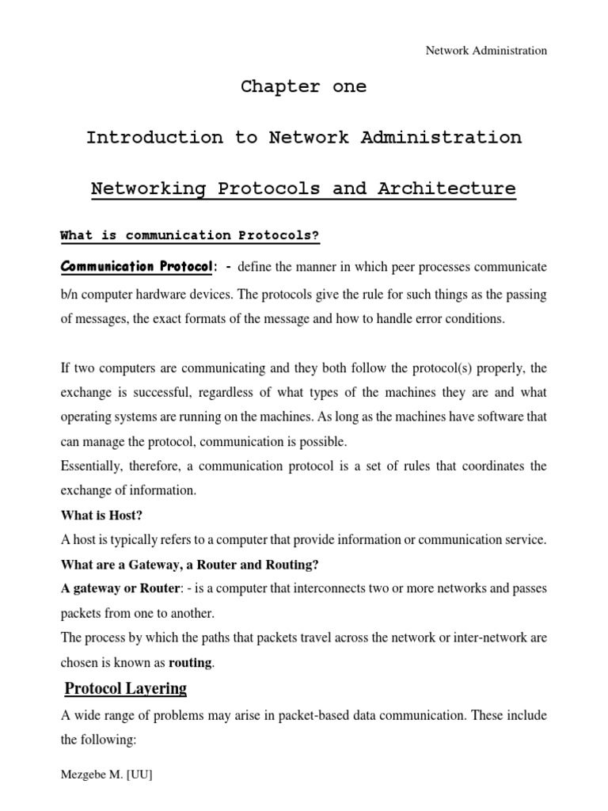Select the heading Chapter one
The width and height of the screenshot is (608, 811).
tap(304, 87)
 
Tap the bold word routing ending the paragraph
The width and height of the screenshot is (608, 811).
tap(190, 662)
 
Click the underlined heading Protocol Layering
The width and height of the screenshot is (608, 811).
tap(126, 688)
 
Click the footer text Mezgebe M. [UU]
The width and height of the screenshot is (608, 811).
tap(106, 775)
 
